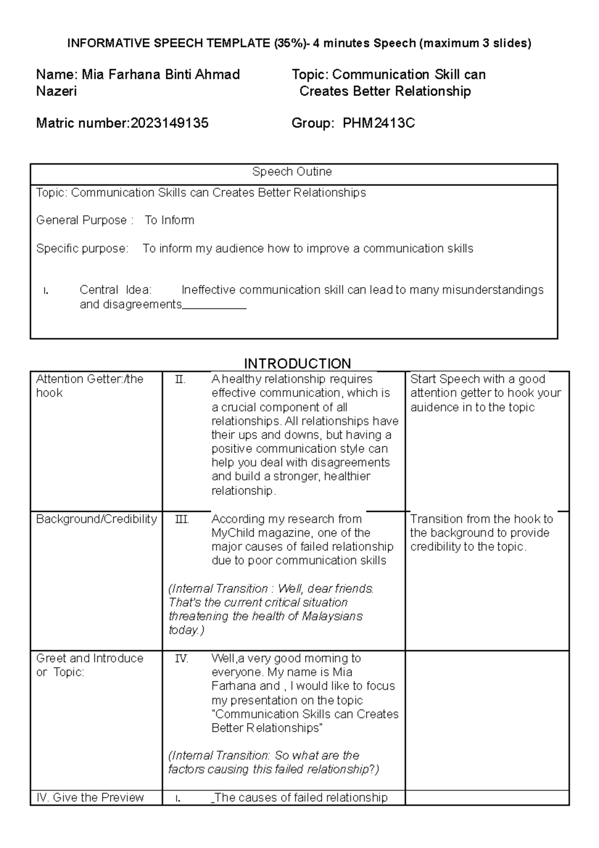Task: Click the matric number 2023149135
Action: pos(169,123)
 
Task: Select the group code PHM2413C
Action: pos(378,123)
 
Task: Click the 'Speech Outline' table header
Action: pos(292,172)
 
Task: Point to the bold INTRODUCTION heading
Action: pos(297,363)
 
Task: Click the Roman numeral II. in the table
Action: pos(180,380)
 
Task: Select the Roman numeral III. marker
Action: pos(182,519)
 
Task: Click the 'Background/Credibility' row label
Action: pos(96,519)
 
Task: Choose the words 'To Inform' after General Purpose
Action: pos(169,220)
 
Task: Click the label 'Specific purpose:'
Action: pos(82,249)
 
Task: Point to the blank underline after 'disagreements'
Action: pos(214,306)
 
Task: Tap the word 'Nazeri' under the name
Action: pos(56,91)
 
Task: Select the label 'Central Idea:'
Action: pos(115,290)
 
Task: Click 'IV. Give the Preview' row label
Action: pos(90,798)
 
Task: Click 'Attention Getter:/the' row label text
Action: pos(89,379)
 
